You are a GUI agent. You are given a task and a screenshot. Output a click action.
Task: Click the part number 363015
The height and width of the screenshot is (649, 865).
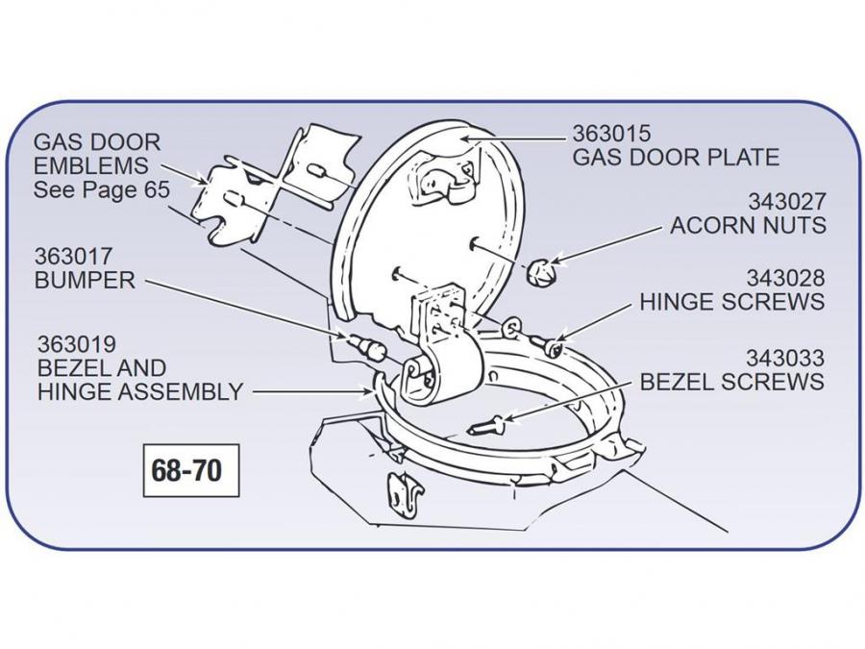click(611, 134)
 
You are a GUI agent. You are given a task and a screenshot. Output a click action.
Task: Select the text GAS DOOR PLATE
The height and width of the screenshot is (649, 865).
click(676, 157)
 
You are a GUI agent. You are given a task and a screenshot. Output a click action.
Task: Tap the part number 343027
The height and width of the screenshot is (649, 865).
click(786, 203)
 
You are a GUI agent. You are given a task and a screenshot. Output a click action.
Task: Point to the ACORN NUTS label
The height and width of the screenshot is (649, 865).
click(748, 226)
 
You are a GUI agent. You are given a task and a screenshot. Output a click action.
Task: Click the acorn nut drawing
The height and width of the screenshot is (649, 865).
click(543, 272)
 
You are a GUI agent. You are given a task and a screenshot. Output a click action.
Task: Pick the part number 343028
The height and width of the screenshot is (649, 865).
click(786, 279)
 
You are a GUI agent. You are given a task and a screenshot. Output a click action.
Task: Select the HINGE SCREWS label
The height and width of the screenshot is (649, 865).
click(732, 302)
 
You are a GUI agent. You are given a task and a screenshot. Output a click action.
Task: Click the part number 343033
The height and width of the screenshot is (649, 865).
click(786, 359)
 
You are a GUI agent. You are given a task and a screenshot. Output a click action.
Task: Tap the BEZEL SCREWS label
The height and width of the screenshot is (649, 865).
click(732, 382)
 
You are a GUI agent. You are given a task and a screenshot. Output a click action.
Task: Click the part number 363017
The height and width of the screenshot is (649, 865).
click(74, 258)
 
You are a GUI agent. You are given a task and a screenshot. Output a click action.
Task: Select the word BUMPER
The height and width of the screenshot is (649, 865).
click(85, 281)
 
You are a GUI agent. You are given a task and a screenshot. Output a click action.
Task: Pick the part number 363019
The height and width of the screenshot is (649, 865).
click(77, 344)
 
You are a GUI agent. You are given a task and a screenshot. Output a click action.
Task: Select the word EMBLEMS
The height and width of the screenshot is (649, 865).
click(91, 165)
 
